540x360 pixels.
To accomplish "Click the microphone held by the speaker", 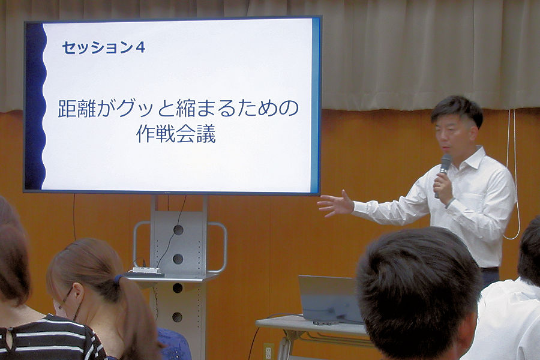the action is (x=443, y=172).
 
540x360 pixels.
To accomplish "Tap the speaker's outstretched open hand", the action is (x=336, y=203).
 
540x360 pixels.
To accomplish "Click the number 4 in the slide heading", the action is (x=140, y=47).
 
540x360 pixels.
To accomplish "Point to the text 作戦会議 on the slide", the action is (x=176, y=134).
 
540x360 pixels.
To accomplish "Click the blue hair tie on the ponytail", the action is (x=119, y=278).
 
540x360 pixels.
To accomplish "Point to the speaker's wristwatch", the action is (x=449, y=202).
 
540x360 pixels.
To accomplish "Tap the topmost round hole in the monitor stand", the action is (x=178, y=230).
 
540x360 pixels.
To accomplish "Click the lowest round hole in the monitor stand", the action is (x=178, y=317).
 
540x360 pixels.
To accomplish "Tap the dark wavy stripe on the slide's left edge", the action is (x=35, y=106).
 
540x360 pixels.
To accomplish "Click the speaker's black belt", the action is (x=490, y=269).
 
